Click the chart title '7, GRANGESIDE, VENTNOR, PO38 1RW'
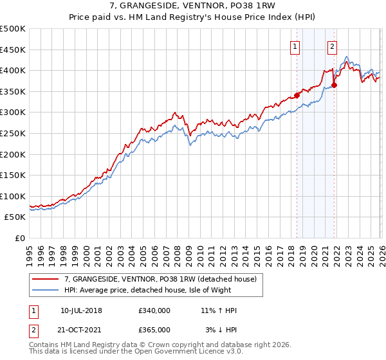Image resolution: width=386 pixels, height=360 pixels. [x=192, y=6]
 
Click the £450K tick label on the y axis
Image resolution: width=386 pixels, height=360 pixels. [x=13, y=50]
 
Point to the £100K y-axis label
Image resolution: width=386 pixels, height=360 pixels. [x=13, y=196]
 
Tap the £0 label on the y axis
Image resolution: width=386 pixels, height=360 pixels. [x=19, y=239]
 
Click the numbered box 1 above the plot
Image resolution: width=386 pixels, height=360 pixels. [x=295, y=46]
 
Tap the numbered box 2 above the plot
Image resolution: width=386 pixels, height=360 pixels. [x=332, y=46]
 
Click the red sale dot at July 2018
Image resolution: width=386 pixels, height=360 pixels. [x=297, y=95]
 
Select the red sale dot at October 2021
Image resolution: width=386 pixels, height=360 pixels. [x=334, y=85]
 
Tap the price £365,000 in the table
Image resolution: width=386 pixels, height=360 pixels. [x=154, y=330]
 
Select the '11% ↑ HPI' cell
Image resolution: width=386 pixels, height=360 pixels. [x=219, y=310]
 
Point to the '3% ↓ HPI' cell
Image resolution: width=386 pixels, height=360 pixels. [x=219, y=330]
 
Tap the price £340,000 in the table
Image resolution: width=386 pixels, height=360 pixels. [x=154, y=310]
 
